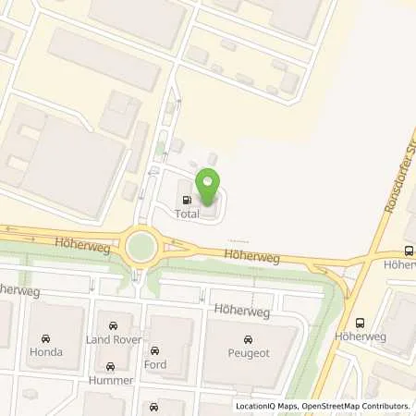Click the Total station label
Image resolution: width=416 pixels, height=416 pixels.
click(x=186, y=214)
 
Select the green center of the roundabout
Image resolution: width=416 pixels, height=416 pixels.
click(x=142, y=247)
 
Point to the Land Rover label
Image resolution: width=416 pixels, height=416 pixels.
click(x=113, y=341)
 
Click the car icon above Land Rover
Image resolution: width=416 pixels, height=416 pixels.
click(x=113, y=326)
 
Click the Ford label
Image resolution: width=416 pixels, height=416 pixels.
click(x=155, y=364)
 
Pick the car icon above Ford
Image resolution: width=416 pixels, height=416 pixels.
click(x=155, y=350)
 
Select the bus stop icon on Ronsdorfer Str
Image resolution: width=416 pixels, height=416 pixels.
click(x=408, y=251)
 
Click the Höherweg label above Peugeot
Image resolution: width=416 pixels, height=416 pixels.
click(x=242, y=312)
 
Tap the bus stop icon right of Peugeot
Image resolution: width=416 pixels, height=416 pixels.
click(x=361, y=322)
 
